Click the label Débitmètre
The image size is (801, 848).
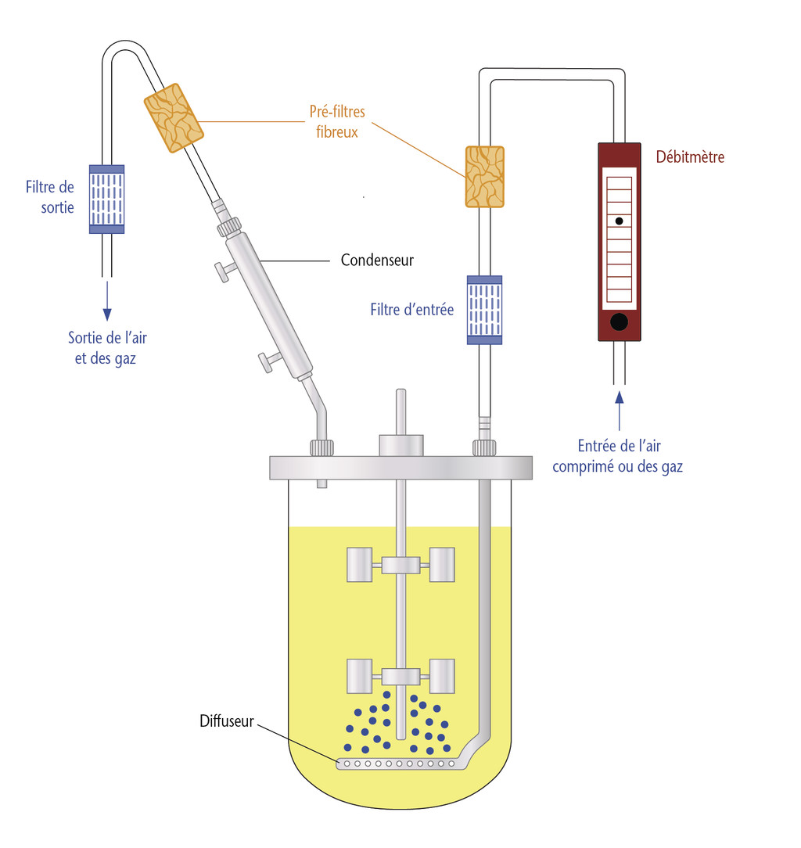point(690,157)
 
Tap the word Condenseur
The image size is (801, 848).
point(377,260)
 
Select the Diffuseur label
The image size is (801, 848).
point(226,721)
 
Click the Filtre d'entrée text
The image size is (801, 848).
point(411,310)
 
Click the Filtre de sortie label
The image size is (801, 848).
point(50,197)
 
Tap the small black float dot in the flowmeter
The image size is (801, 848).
point(619,221)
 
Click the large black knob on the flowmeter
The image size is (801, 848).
point(619,322)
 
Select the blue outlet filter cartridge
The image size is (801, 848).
point(106,199)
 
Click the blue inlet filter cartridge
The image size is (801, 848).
point(484,310)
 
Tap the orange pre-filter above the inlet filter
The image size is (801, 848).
point(484,176)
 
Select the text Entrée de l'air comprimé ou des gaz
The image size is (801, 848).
point(618,456)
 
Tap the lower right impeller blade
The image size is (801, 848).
point(442,675)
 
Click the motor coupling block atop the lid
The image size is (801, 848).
point(401,445)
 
